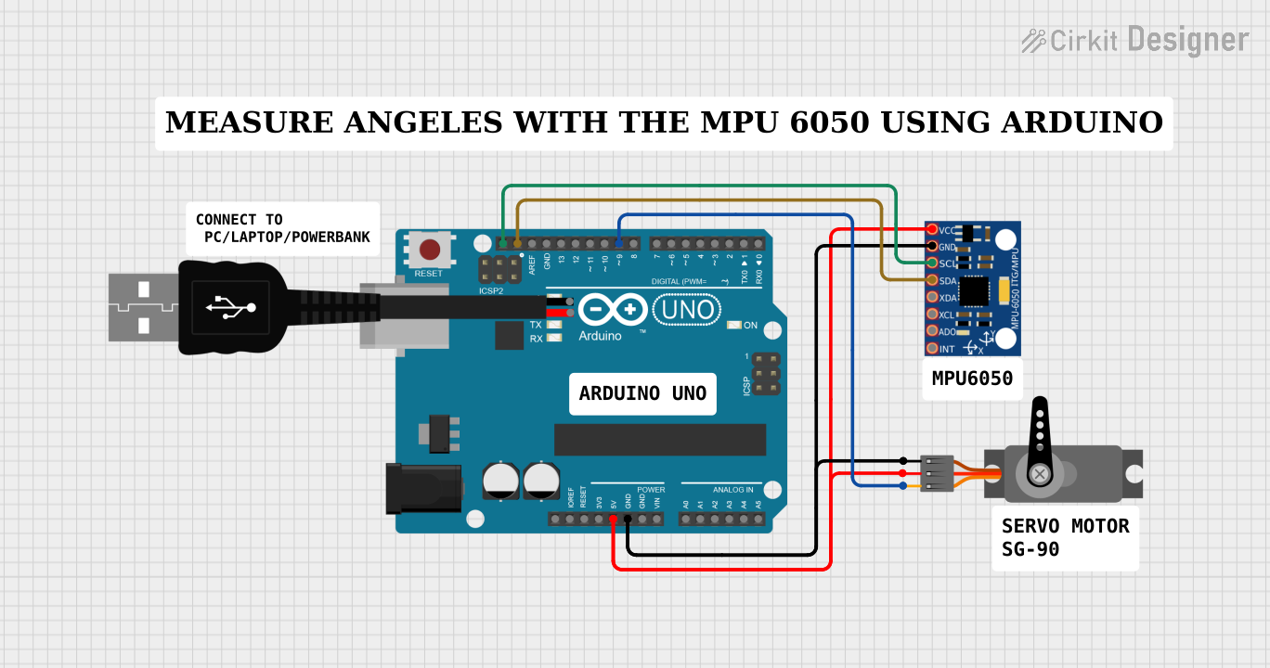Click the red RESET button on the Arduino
click(x=430, y=250)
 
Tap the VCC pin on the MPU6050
click(x=931, y=229)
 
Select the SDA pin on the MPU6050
click(x=931, y=280)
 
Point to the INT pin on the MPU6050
click(x=931, y=349)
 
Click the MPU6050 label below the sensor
click(x=972, y=379)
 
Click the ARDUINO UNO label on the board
click(x=642, y=393)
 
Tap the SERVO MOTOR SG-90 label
click(x=1065, y=538)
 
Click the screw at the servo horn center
click(x=1041, y=475)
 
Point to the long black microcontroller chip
click(x=659, y=440)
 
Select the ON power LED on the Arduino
click(x=734, y=326)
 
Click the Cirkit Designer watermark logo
click(x=1134, y=40)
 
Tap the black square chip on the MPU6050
click(x=974, y=291)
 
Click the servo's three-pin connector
click(x=935, y=473)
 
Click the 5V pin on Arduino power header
click(x=614, y=519)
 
